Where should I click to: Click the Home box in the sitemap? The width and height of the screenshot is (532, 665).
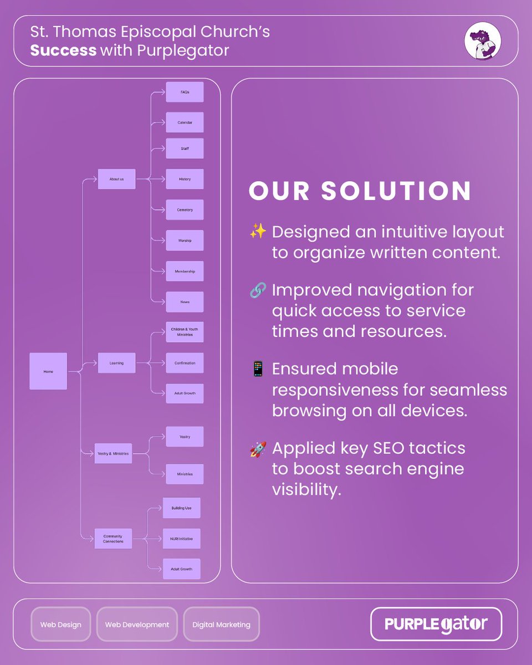[x=48, y=371]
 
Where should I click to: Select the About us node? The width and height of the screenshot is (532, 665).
[x=116, y=179]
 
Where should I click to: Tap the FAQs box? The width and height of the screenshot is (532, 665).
[x=185, y=92]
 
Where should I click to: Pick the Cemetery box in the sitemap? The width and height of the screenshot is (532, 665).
[x=185, y=210]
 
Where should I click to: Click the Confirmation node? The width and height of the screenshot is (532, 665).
[x=185, y=363]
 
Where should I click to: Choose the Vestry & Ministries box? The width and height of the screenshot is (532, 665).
[x=113, y=454]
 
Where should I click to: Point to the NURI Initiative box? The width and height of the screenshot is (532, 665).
[x=181, y=539]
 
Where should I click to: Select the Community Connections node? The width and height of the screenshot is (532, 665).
[x=113, y=539]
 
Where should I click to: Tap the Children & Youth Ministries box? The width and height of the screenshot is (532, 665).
[x=185, y=332]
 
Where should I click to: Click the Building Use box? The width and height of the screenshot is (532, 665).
[x=181, y=508]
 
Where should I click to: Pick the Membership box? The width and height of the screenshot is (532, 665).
[x=185, y=272]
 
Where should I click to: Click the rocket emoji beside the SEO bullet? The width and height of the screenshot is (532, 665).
[x=258, y=449]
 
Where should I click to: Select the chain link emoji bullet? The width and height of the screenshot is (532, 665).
[x=258, y=290]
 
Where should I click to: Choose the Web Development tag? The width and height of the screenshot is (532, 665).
[x=137, y=625]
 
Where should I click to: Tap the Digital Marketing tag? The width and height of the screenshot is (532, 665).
[x=221, y=625]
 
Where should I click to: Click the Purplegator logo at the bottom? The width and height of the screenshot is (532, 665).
[x=436, y=624]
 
